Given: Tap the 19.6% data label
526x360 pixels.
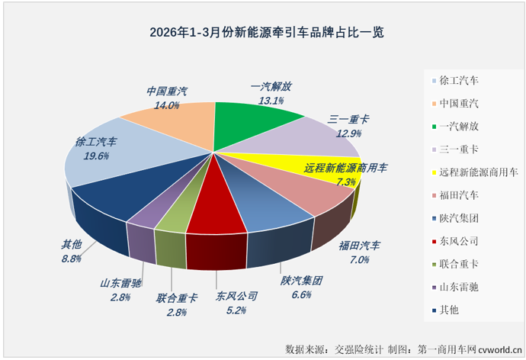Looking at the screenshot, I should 96,155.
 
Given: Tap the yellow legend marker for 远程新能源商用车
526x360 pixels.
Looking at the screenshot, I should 434,172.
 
